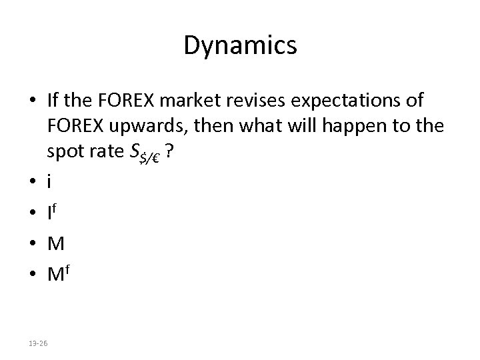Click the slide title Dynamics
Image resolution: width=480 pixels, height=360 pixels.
pyautogui.click(x=240, y=46)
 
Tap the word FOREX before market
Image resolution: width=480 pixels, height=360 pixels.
pyautogui.click(x=127, y=101)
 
